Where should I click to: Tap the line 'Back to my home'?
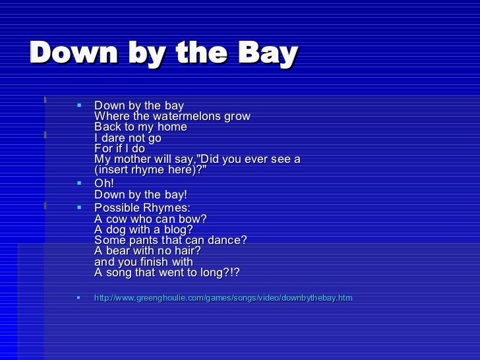[x=140, y=127]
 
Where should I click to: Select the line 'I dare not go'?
[x=128, y=138]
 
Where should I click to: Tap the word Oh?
[x=104, y=184]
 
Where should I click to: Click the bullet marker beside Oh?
[x=79, y=183]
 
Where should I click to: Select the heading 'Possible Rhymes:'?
[x=142, y=208]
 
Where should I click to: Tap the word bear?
[x=119, y=251]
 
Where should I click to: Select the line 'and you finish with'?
[x=144, y=262]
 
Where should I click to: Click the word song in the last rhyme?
[x=121, y=273]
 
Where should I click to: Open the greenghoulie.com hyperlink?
[x=223, y=299]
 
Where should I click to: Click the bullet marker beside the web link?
[x=79, y=298]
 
